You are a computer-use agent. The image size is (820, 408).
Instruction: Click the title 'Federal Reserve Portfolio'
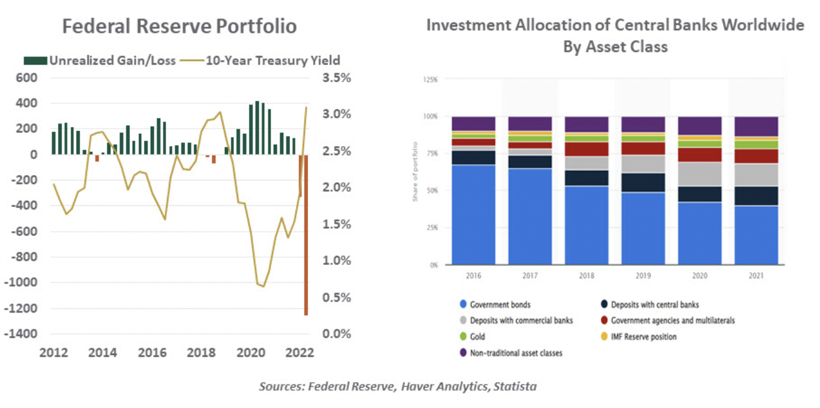click(180, 27)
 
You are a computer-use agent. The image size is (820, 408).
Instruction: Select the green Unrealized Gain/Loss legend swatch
click(35, 60)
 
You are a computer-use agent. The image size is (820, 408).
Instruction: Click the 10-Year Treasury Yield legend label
click(273, 60)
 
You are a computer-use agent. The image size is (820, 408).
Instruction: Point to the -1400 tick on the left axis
click(22, 334)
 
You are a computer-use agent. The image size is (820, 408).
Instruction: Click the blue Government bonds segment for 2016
click(473, 214)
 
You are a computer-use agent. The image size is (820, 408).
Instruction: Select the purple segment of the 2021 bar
click(756, 126)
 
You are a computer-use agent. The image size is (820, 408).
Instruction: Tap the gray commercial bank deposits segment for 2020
click(699, 174)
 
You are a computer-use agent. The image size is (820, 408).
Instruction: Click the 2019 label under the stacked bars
click(643, 276)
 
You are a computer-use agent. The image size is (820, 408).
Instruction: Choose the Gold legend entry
click(476, 337)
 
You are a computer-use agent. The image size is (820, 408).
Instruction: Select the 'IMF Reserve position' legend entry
click(643, 337)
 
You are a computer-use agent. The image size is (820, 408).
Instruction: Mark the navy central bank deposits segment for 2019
click(643, 182)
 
